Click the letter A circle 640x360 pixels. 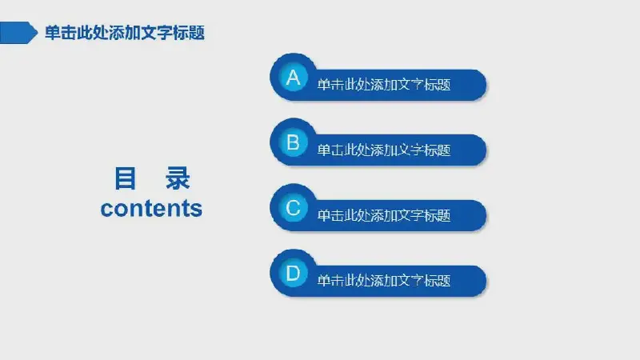[x=293, y=77]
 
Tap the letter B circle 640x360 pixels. [x=293, y=142]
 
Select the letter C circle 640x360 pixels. [x=293, y=208]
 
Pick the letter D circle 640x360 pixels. [x=293, y=273]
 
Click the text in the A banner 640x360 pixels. [x=384, y=85]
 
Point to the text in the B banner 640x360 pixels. [x=384, y=150]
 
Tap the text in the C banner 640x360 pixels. [x=384, y=215]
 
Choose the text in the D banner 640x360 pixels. [x=384, y=281]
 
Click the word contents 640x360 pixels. [x=151, y=208]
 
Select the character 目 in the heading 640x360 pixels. [x=125, y=178]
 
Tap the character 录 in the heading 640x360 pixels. [x=178, y=178]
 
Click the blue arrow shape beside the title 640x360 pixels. [x=18, y=33]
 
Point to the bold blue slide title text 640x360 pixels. [x=125, y=33]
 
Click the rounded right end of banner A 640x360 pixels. [x=478, y=85]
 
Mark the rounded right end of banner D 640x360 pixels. [x=478, y=281]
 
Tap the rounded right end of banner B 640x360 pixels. [x=478, y=150]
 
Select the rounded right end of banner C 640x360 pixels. [x=478, y=215]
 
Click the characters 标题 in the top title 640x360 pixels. [x=189, y=33]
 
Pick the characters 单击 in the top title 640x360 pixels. [x=61, y=33]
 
